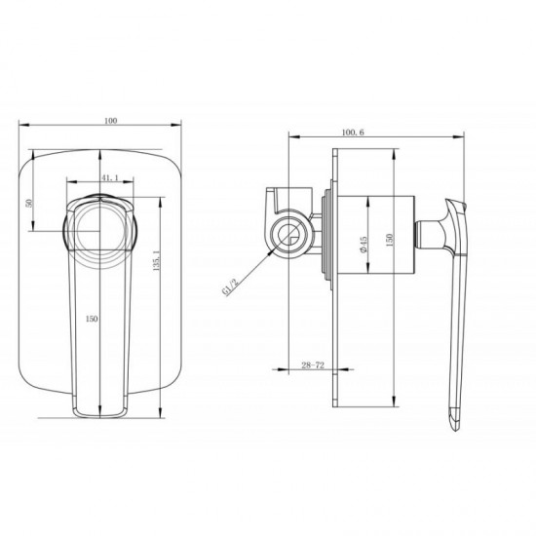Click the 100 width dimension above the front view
click(110, 121)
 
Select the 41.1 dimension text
click(109, 178)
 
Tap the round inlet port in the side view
click(289, 235)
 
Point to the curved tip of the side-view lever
click(455, 420)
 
